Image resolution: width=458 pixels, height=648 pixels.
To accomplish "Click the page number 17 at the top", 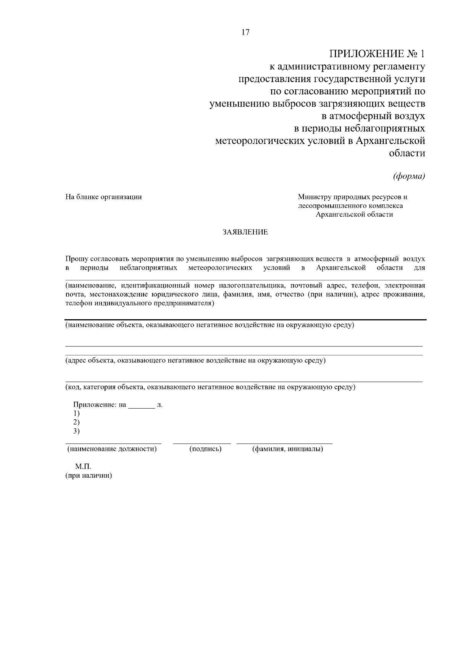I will [x=245, y=32].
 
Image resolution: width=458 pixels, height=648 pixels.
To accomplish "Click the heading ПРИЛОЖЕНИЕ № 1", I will [x=377, y=53].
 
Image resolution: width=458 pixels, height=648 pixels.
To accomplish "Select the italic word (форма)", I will [x=409, y=176].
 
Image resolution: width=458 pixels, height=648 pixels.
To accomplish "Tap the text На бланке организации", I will [x=103, y=197].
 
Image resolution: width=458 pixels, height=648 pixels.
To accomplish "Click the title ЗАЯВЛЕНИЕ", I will [x=245, y=232].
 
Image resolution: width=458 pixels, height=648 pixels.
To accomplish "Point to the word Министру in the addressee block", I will [x=315, y=197].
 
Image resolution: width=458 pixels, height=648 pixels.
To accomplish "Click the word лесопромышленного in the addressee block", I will [x=332, y=206].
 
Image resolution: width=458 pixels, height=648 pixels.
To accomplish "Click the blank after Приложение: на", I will [x=141, y=405].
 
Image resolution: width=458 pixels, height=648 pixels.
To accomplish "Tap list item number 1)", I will [x=77, y=413].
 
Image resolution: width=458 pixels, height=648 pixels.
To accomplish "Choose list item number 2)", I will [x=77, y=422].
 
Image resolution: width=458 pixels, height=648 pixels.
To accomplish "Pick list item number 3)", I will [x=77, y=431].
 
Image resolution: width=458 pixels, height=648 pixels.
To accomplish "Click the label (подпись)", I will [x=205, y=449].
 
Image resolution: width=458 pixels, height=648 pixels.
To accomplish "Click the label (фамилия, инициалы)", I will [x=287, y=449].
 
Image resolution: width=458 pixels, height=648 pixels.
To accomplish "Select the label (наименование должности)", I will [x=112, y=449].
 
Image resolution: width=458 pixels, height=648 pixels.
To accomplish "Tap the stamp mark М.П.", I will [x=83, y=467].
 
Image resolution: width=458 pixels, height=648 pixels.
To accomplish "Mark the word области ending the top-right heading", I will [x=407, y=154].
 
